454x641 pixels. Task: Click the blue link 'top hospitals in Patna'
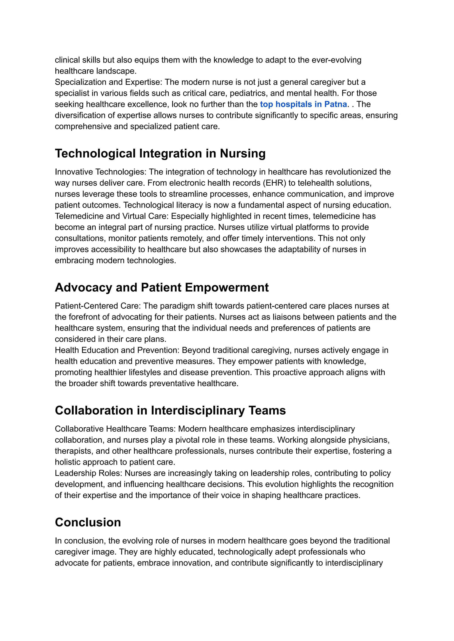(303, 104)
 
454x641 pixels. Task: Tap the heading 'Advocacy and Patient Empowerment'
(162, 288)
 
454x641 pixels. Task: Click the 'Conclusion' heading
(88, 522)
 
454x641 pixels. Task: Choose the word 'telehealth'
(317, 183)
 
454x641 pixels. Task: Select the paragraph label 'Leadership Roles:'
(89, 473)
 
